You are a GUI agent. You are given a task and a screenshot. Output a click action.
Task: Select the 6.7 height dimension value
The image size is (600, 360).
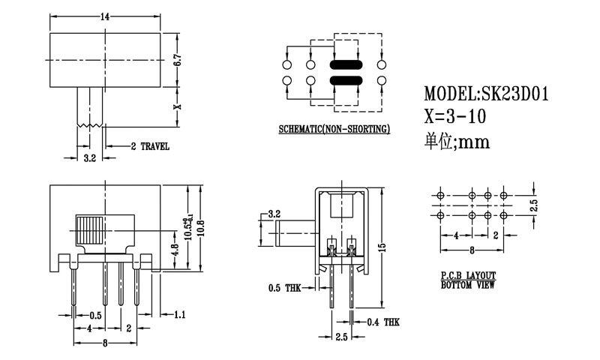pos(177,61)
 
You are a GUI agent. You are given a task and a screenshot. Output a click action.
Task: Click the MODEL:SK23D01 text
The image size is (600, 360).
pos(487,95)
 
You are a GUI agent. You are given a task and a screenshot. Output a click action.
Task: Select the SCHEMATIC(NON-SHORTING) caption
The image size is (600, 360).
pos(334,129)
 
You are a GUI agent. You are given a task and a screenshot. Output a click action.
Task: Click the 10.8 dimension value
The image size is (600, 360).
pos(199,231)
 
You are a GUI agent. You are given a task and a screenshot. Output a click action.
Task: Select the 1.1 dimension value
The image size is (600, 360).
pos(179,315)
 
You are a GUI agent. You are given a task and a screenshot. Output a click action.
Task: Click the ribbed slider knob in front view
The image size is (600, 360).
pos(91,230)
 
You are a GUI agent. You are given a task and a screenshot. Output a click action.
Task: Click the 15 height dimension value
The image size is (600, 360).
pos(382,247)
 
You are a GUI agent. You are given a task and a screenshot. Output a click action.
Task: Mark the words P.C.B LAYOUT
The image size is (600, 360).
pos(466,277)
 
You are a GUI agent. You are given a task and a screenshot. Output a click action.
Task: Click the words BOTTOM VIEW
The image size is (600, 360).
pos(466,286)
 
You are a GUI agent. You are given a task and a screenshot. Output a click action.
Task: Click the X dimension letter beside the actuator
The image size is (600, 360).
pos(177,106)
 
